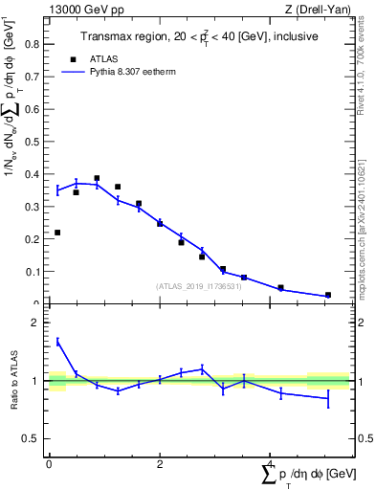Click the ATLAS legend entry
click(x=102, y=57)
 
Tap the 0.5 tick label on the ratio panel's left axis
click(x=32, y=439)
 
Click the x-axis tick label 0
click(x=49, y=464)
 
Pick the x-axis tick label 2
click(x=160, y=464)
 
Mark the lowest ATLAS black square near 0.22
click(x=57, y=233)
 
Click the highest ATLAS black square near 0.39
click(x=97, y=178)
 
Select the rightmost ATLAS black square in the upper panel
click(x=328, y=295)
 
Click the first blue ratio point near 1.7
click(x=57, y=341)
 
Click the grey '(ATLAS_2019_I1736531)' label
click(x=197, y=285)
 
